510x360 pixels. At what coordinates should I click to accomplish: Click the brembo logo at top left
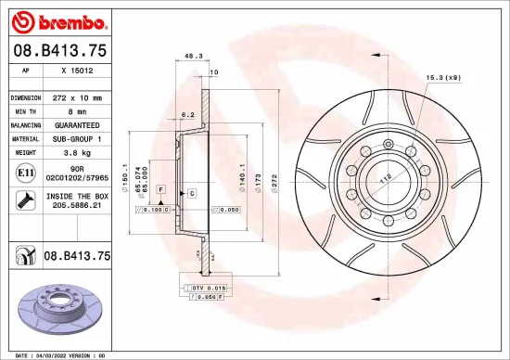(57, 19)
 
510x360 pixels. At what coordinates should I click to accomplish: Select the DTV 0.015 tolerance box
(207, 289)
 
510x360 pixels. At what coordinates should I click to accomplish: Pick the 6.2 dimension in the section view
(187, 115)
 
